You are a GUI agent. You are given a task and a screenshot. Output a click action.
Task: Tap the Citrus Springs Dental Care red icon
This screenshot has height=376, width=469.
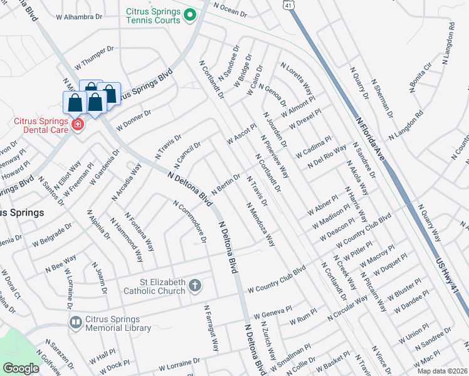point(77,125)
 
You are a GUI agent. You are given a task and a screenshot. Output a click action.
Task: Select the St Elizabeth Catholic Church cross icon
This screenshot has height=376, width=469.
point(195,286)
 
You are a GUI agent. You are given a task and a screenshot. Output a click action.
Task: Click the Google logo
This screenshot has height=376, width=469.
point(21,368)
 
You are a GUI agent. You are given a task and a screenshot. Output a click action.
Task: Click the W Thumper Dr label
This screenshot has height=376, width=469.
point(94,57)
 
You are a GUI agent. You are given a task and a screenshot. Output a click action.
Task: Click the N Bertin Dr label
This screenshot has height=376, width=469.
point(226,185)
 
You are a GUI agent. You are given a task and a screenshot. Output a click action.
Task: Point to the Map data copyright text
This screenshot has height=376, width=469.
point(443,371)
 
